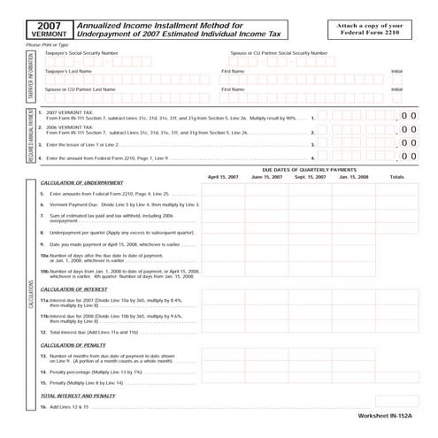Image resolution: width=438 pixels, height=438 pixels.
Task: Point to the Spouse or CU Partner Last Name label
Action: [80, 88]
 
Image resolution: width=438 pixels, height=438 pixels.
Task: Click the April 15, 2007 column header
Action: [223, 176]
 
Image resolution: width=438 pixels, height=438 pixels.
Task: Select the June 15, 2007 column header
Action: [267, 176]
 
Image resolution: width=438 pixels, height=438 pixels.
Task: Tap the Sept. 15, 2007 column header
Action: [311, 176]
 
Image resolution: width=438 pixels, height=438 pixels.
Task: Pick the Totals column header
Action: [397, 176]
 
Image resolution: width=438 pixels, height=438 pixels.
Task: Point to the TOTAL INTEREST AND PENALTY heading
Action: [78, 396]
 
